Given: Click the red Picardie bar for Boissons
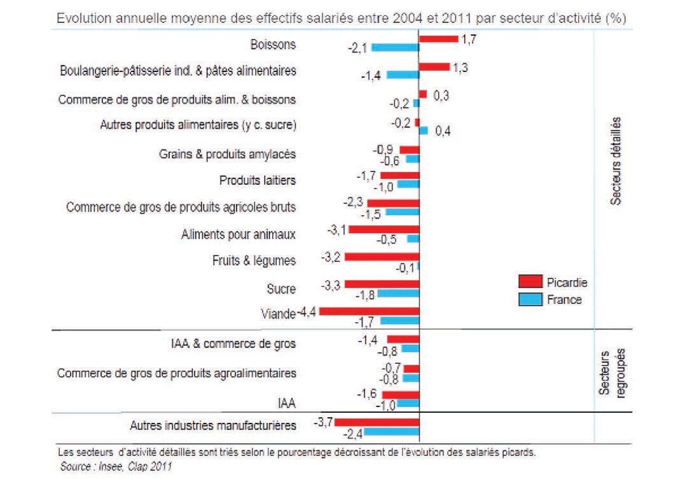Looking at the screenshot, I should click(438, 39).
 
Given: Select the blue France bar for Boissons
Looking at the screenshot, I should click(395, 47).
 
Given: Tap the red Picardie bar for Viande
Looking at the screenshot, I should click(369, 311).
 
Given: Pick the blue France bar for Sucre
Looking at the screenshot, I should click(399, 295).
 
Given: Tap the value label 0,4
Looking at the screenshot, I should click(444, 132).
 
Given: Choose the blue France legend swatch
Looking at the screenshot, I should click(529, 299).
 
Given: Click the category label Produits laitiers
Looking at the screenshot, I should click(257, 180).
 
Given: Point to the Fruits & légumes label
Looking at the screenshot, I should click(253, 261).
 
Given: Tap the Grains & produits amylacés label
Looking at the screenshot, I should click(227, 154).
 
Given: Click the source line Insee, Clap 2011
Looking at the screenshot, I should click(116, 466).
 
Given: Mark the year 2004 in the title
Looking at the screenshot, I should click(408, 18).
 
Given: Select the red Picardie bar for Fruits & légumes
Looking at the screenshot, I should click(382, 257).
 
